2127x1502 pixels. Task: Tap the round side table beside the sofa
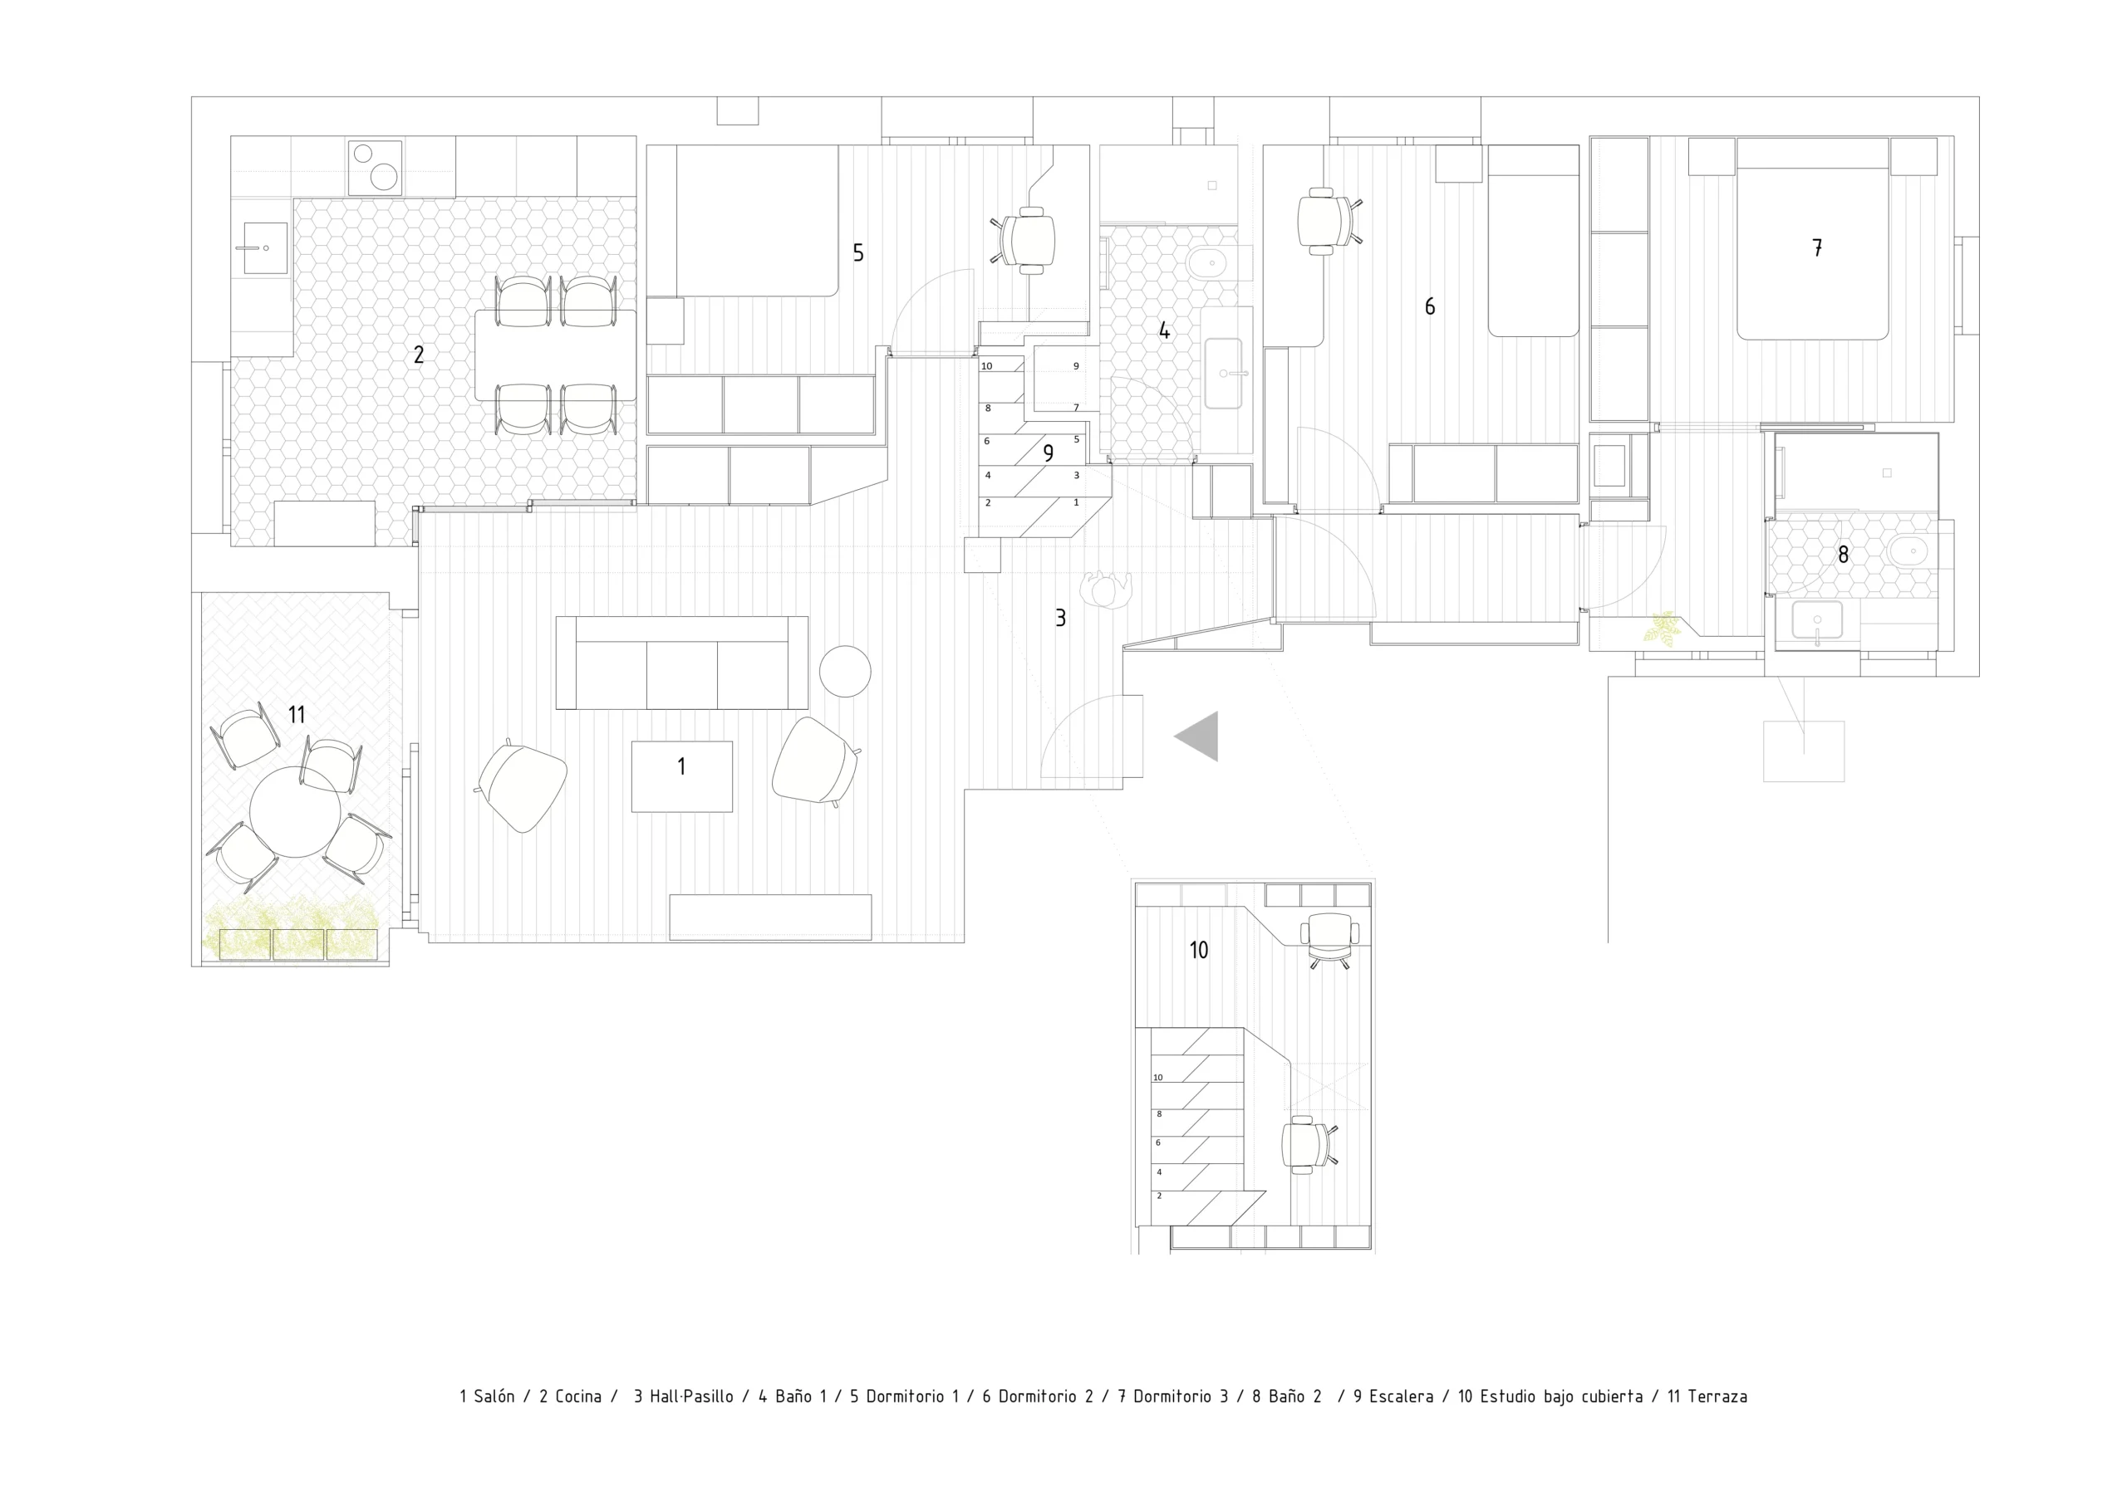point(845,670)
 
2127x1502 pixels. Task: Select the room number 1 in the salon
point(682,766)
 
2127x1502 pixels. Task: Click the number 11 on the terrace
point(297,715)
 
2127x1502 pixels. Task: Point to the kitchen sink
point(265,248)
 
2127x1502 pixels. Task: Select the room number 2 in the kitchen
point(419,355)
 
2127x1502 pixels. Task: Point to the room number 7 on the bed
point(1818,247)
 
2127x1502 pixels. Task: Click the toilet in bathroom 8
point(1909,554)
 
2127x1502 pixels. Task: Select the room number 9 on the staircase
point(1049,453)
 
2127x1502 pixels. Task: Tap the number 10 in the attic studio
point(1199,950)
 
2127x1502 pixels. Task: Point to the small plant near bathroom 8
point(1663,628)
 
